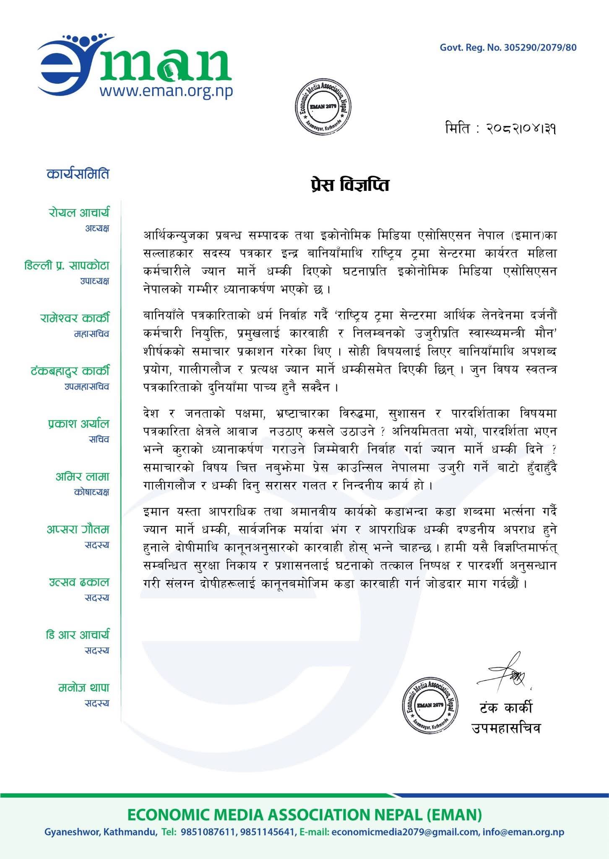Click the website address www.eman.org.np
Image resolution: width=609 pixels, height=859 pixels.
pyautogui.click(x=166, y=91)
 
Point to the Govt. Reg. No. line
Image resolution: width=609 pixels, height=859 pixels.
pyautogui.click(x=508, y=47)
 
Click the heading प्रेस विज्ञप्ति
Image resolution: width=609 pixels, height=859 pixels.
pyautogui.click(x=347, y=185)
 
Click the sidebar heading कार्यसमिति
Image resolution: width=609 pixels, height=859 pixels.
pyautogui.click(x=78, y=173)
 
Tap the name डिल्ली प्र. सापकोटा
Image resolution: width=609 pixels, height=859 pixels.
pyautogui.click(x=67, y=266)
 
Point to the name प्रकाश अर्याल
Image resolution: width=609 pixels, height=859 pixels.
pyautogui.click(x=78, y=424)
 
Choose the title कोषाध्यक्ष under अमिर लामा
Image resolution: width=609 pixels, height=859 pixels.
pyautogui.click(x=91, y=492)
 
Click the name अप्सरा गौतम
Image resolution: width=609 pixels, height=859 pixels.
pyautogui.click(x=78, y=529)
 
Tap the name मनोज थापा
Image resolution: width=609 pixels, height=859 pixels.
pyautogui.click(x=83, y=688)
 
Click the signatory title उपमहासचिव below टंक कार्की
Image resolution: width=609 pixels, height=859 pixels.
pyautogui.click(x=506, y=728)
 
